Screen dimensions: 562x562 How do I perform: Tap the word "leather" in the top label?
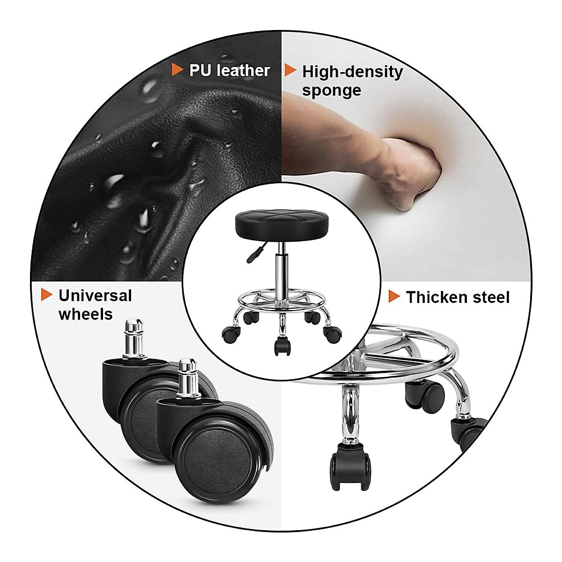pos(243,71)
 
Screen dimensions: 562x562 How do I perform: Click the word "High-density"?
pos(352,72)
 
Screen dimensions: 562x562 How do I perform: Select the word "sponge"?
pos(331,90)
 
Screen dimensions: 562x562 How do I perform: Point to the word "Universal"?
pos(95,296)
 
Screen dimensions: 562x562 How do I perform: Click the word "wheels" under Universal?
pos(85,314)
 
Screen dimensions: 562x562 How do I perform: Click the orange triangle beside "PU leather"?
pos(177,70)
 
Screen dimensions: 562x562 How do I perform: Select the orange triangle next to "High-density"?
pos(290,71)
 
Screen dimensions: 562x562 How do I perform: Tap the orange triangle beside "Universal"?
pos(46,295)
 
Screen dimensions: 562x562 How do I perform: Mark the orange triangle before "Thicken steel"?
pos(394,296)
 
